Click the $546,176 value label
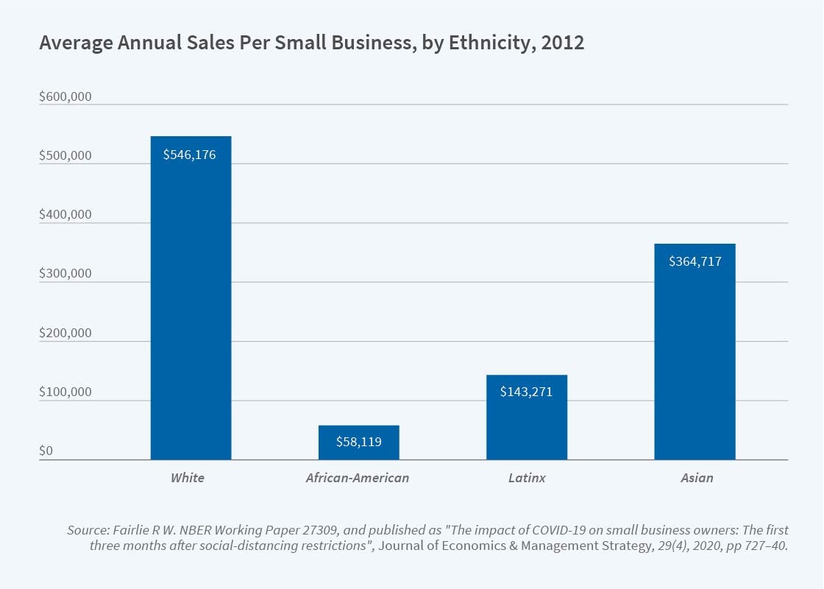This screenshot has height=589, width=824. (190, 155)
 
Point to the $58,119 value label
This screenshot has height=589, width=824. (358, 442)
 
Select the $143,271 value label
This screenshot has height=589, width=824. (526, 392)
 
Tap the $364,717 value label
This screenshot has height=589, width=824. (694, 261)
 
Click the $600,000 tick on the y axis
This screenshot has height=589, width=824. (65, 97)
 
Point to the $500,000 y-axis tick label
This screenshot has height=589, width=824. (65, 156)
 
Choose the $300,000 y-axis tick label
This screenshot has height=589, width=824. (65, 274)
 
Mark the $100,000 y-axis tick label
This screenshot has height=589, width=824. (65, 392)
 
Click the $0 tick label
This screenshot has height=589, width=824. (46, 451)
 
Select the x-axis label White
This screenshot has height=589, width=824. (188, 478)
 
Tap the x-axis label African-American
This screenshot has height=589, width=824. (358, 478)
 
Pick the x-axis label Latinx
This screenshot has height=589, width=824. (527, 478)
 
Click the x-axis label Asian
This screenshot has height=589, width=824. (697, 478)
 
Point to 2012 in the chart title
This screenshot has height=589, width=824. (563, 43)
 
